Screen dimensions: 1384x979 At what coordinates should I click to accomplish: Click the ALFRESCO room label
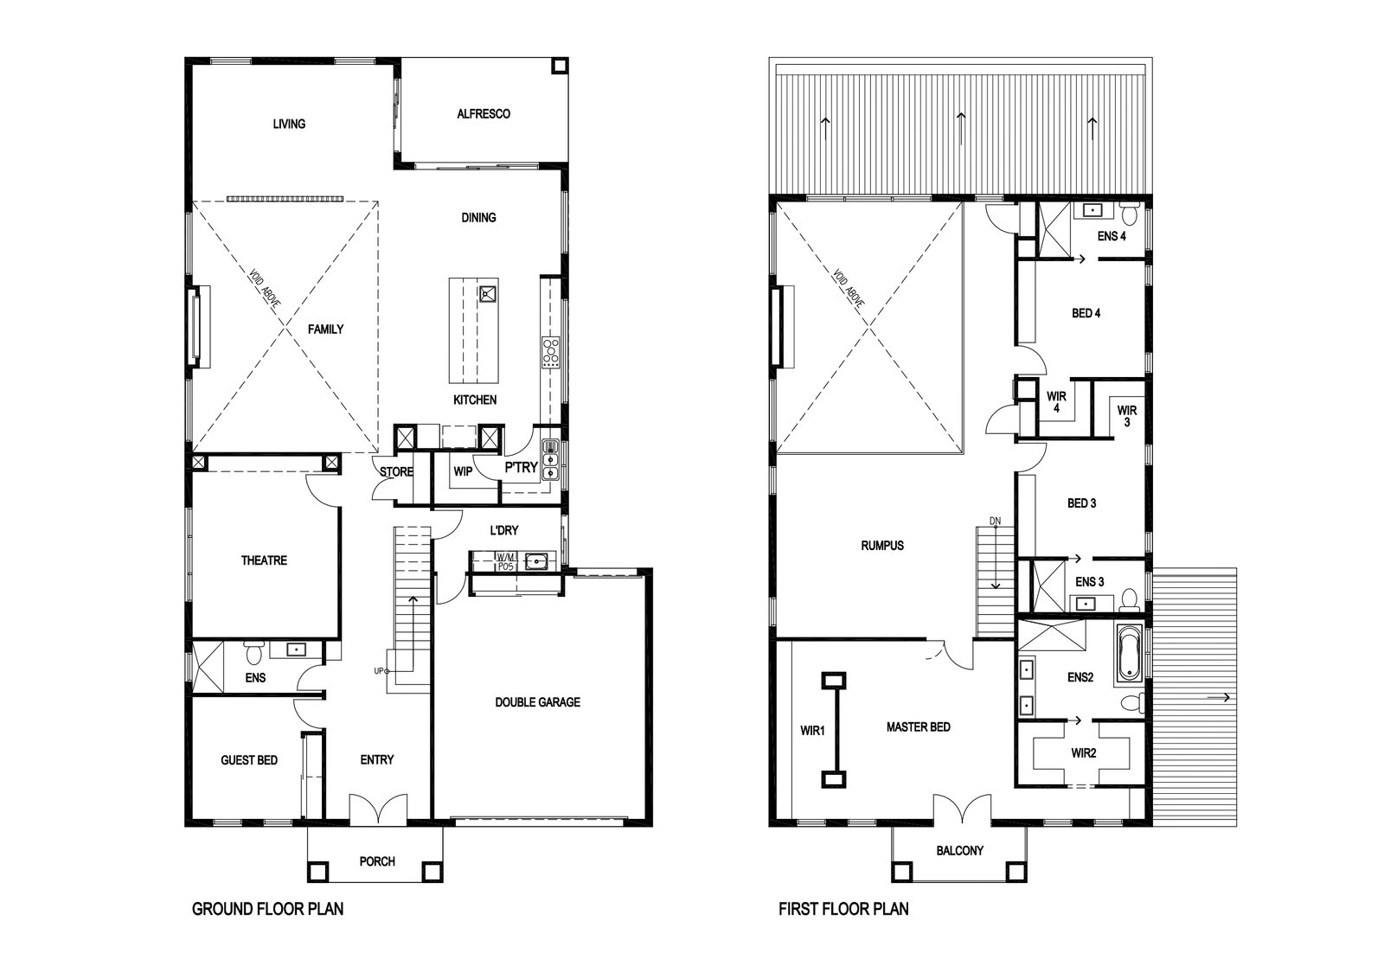[x=484, y=113]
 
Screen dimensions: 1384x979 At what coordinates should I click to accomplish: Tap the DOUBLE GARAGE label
[x=537, y=701]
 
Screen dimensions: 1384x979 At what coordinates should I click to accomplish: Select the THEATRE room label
[x=264, y=560]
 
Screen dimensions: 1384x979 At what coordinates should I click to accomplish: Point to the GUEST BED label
[x=249, y=759]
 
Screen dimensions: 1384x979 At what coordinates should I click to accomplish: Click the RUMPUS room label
[x=882, y=546]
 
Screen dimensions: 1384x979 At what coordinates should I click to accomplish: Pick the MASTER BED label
[x=918, y=727]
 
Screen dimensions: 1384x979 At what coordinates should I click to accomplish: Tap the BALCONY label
[x=959, y=850]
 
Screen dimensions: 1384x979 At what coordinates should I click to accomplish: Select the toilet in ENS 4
[x=1130, y=212]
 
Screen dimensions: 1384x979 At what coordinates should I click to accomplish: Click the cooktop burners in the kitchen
[x=550, y=352]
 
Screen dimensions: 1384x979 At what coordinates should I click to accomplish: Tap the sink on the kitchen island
[x=488, y=294]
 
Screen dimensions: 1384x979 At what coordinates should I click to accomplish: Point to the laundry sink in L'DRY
[x=536, y=562]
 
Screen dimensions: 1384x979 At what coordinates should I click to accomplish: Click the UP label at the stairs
[x=379, y=671]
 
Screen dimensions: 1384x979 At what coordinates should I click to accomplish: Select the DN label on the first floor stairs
[x=995, y=521]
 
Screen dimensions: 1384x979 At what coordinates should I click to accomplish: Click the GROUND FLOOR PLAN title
[x=267, y=909]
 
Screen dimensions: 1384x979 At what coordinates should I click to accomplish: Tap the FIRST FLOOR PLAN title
[x=843, y=909]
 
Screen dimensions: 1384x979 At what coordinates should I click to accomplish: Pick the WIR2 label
[x=1084, y=753]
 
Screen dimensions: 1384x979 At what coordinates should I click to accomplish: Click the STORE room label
[x=396, y=472]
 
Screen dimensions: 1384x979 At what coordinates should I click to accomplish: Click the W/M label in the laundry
[x=505, y=558]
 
